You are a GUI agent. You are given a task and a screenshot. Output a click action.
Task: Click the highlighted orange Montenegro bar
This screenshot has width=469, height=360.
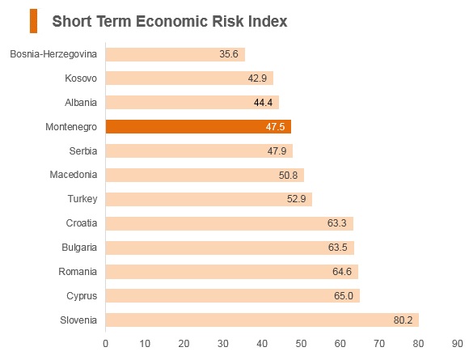(198, 126)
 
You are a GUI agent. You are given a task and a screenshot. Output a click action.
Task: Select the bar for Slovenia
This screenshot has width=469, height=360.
(262, 320)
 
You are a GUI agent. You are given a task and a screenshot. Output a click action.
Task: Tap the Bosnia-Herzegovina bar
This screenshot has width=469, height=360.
(175, 54)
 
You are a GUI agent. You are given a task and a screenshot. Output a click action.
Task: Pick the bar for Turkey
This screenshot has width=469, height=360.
(209, 199)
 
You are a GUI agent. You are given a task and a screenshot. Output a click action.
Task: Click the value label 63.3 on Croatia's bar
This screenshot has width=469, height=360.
(337, 223)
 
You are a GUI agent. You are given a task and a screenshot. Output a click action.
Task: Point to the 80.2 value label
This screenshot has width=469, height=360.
(403, 320)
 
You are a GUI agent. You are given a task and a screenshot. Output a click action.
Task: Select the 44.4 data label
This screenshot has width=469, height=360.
(264, 103)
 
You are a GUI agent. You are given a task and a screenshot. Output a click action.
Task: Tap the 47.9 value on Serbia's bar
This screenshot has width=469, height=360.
(277, 150)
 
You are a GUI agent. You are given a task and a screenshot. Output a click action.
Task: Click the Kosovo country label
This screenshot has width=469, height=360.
(81, 78)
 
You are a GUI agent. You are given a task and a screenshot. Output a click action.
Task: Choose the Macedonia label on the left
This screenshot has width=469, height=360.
(74, 175)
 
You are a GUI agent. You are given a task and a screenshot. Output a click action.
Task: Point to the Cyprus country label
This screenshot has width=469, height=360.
(82, 296)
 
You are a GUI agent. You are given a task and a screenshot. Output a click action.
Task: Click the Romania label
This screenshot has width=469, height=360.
(78, 272)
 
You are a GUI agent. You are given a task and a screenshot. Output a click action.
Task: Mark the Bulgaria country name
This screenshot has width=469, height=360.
(79, 248)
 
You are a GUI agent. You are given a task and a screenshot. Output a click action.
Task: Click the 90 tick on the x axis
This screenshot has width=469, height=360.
(458, 344)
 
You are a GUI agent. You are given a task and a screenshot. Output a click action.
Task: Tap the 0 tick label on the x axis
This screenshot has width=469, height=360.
(106, 344)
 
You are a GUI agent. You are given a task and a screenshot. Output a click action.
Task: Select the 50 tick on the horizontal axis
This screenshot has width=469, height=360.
(301, 344)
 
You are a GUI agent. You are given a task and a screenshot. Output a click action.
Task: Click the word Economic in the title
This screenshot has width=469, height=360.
(171, 21)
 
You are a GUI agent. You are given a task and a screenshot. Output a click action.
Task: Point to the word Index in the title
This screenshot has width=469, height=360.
(268, 21)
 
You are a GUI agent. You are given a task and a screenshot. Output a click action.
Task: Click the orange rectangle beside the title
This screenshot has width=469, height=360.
(33, 21)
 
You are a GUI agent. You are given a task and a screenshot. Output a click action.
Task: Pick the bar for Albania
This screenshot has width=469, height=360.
(192, 103)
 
